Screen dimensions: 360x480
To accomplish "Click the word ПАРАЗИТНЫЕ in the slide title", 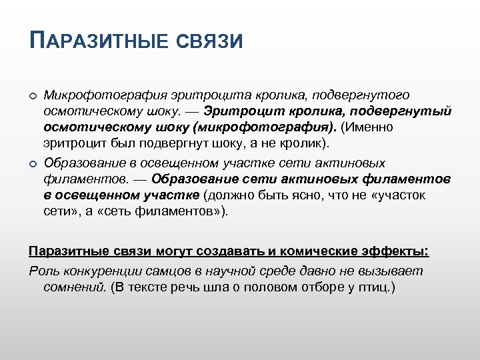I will [x=99, y=41].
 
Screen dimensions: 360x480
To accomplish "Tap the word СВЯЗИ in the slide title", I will [x=210, y=41].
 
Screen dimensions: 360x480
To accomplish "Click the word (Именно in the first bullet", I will [x=369, y=127].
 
